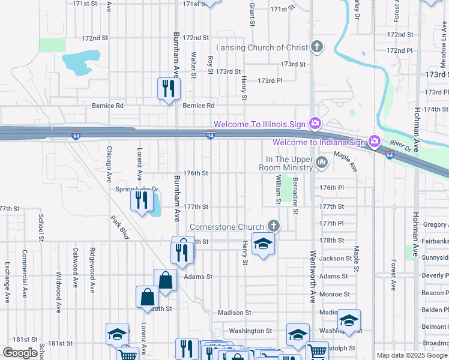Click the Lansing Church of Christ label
click(x=261, y=47)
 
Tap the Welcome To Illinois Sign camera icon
click(x=315, y=123)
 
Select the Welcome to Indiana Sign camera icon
click(x=375, y=142)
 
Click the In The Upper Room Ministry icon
click(x=322, y=161)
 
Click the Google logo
click(x=20, y=353)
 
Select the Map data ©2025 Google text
click(x=411, y=355)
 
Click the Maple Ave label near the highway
click(x=345, y=161)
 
